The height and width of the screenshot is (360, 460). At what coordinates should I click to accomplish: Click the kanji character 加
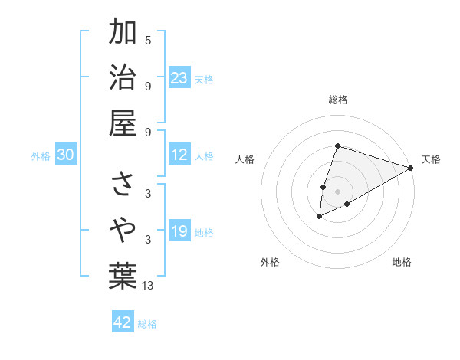coord(123,33)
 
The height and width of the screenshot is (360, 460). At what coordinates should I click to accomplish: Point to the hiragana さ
coord(123,185)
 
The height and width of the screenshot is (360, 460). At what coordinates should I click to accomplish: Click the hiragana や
coord(123,229)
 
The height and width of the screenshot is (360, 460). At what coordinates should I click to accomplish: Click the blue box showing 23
coord(179,78)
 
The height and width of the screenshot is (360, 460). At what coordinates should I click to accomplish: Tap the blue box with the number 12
coord(179,155)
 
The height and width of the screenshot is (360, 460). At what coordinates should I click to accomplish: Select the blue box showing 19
coord(179,231)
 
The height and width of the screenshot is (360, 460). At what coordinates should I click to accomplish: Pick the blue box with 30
coord(65,155)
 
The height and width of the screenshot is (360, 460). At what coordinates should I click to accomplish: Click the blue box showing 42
coord(123,322)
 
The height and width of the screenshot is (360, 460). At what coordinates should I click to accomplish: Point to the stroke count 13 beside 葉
coord(148,286)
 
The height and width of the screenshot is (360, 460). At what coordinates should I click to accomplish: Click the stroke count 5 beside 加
coord(148,40)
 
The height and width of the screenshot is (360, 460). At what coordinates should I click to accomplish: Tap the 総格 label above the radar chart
coord(337,100)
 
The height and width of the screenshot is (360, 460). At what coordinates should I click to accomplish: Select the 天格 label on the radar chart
coord(431,159)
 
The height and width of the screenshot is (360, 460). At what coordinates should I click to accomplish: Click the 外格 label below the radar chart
coord(270,262)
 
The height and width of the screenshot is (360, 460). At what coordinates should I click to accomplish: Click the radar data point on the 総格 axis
coord(337,146)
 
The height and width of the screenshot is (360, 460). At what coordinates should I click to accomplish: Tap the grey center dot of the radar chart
coord(337,191)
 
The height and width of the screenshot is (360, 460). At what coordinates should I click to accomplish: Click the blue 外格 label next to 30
coord(41,156)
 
